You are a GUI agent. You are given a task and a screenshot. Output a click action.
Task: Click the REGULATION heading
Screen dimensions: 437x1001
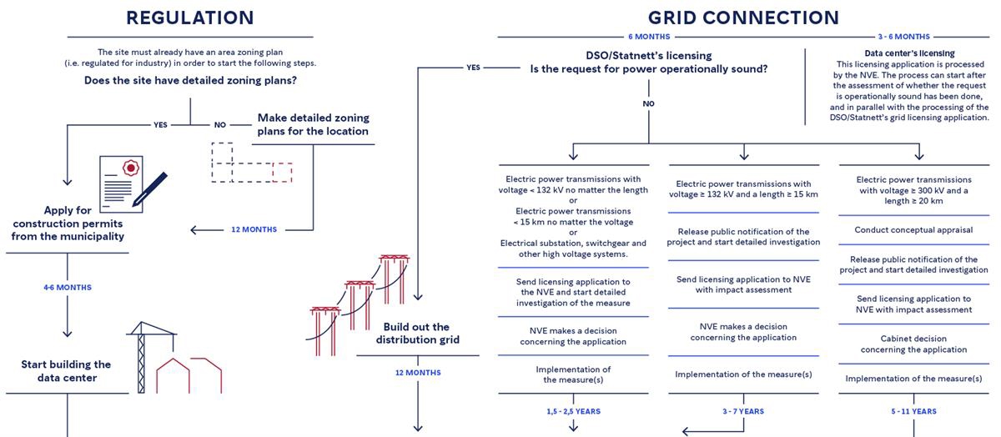[189, 18]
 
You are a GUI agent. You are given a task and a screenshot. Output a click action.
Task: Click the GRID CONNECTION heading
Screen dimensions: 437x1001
[743, 18]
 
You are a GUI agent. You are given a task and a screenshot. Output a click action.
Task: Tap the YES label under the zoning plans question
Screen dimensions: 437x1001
[160, 124]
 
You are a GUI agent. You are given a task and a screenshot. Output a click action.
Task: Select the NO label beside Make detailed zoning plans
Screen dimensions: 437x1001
[220, 124]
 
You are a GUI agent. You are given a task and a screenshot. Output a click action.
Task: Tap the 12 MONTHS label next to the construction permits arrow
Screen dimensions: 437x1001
[254, 229]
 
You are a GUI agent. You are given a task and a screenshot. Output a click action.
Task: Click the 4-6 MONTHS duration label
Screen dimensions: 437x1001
[68, 287]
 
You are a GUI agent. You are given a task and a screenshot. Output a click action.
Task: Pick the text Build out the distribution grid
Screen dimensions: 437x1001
[417, 334]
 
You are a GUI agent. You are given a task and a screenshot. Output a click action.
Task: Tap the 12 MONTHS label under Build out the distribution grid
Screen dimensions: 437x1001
[418, 373]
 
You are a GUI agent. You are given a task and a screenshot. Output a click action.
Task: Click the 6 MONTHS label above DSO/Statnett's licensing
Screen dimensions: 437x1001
[649, 37]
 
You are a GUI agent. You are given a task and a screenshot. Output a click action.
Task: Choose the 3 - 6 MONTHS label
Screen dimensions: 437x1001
[903, 37]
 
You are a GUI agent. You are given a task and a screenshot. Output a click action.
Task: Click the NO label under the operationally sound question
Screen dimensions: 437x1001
[648, 104]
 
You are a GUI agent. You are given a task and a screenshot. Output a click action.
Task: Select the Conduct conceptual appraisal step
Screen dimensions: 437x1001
[913, 229]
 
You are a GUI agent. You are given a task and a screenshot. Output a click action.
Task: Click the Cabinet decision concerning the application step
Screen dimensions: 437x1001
[913, 344]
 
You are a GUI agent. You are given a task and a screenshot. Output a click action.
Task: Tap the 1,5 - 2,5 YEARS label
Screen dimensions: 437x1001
[573, 411]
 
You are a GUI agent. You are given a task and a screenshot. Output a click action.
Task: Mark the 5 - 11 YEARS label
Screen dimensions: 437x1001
[913, 411]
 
